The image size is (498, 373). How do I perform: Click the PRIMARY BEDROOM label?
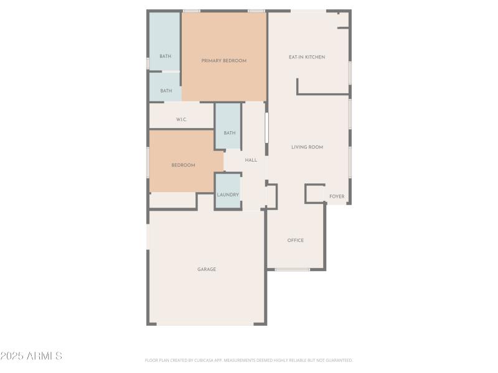[x=224, y=61]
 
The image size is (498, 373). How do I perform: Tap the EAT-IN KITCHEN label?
[x=307, y=57]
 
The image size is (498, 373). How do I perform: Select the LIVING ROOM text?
[x=308, y=147]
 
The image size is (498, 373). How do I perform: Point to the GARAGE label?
[x=207, y=269]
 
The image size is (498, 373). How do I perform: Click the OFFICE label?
[x=296, y=240]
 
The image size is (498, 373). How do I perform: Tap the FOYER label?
[x=337, y=196]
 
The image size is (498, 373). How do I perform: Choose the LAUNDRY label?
[x=228, y=195]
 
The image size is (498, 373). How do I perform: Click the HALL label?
[x=251, y=160]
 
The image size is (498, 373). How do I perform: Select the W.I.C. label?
[x=182, y=119]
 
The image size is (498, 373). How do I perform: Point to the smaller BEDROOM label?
[x=184, y=165]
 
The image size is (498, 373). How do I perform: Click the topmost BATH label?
[x=165, y=57]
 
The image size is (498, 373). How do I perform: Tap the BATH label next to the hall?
[x=230, y=132]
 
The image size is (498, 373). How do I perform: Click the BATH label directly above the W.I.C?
[x=166, y=91]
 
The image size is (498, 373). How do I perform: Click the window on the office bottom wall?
[x=293, y=269]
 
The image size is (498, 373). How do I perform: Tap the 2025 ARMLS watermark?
[x=31, y=356]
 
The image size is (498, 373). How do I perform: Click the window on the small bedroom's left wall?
[x=148, y=162]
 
